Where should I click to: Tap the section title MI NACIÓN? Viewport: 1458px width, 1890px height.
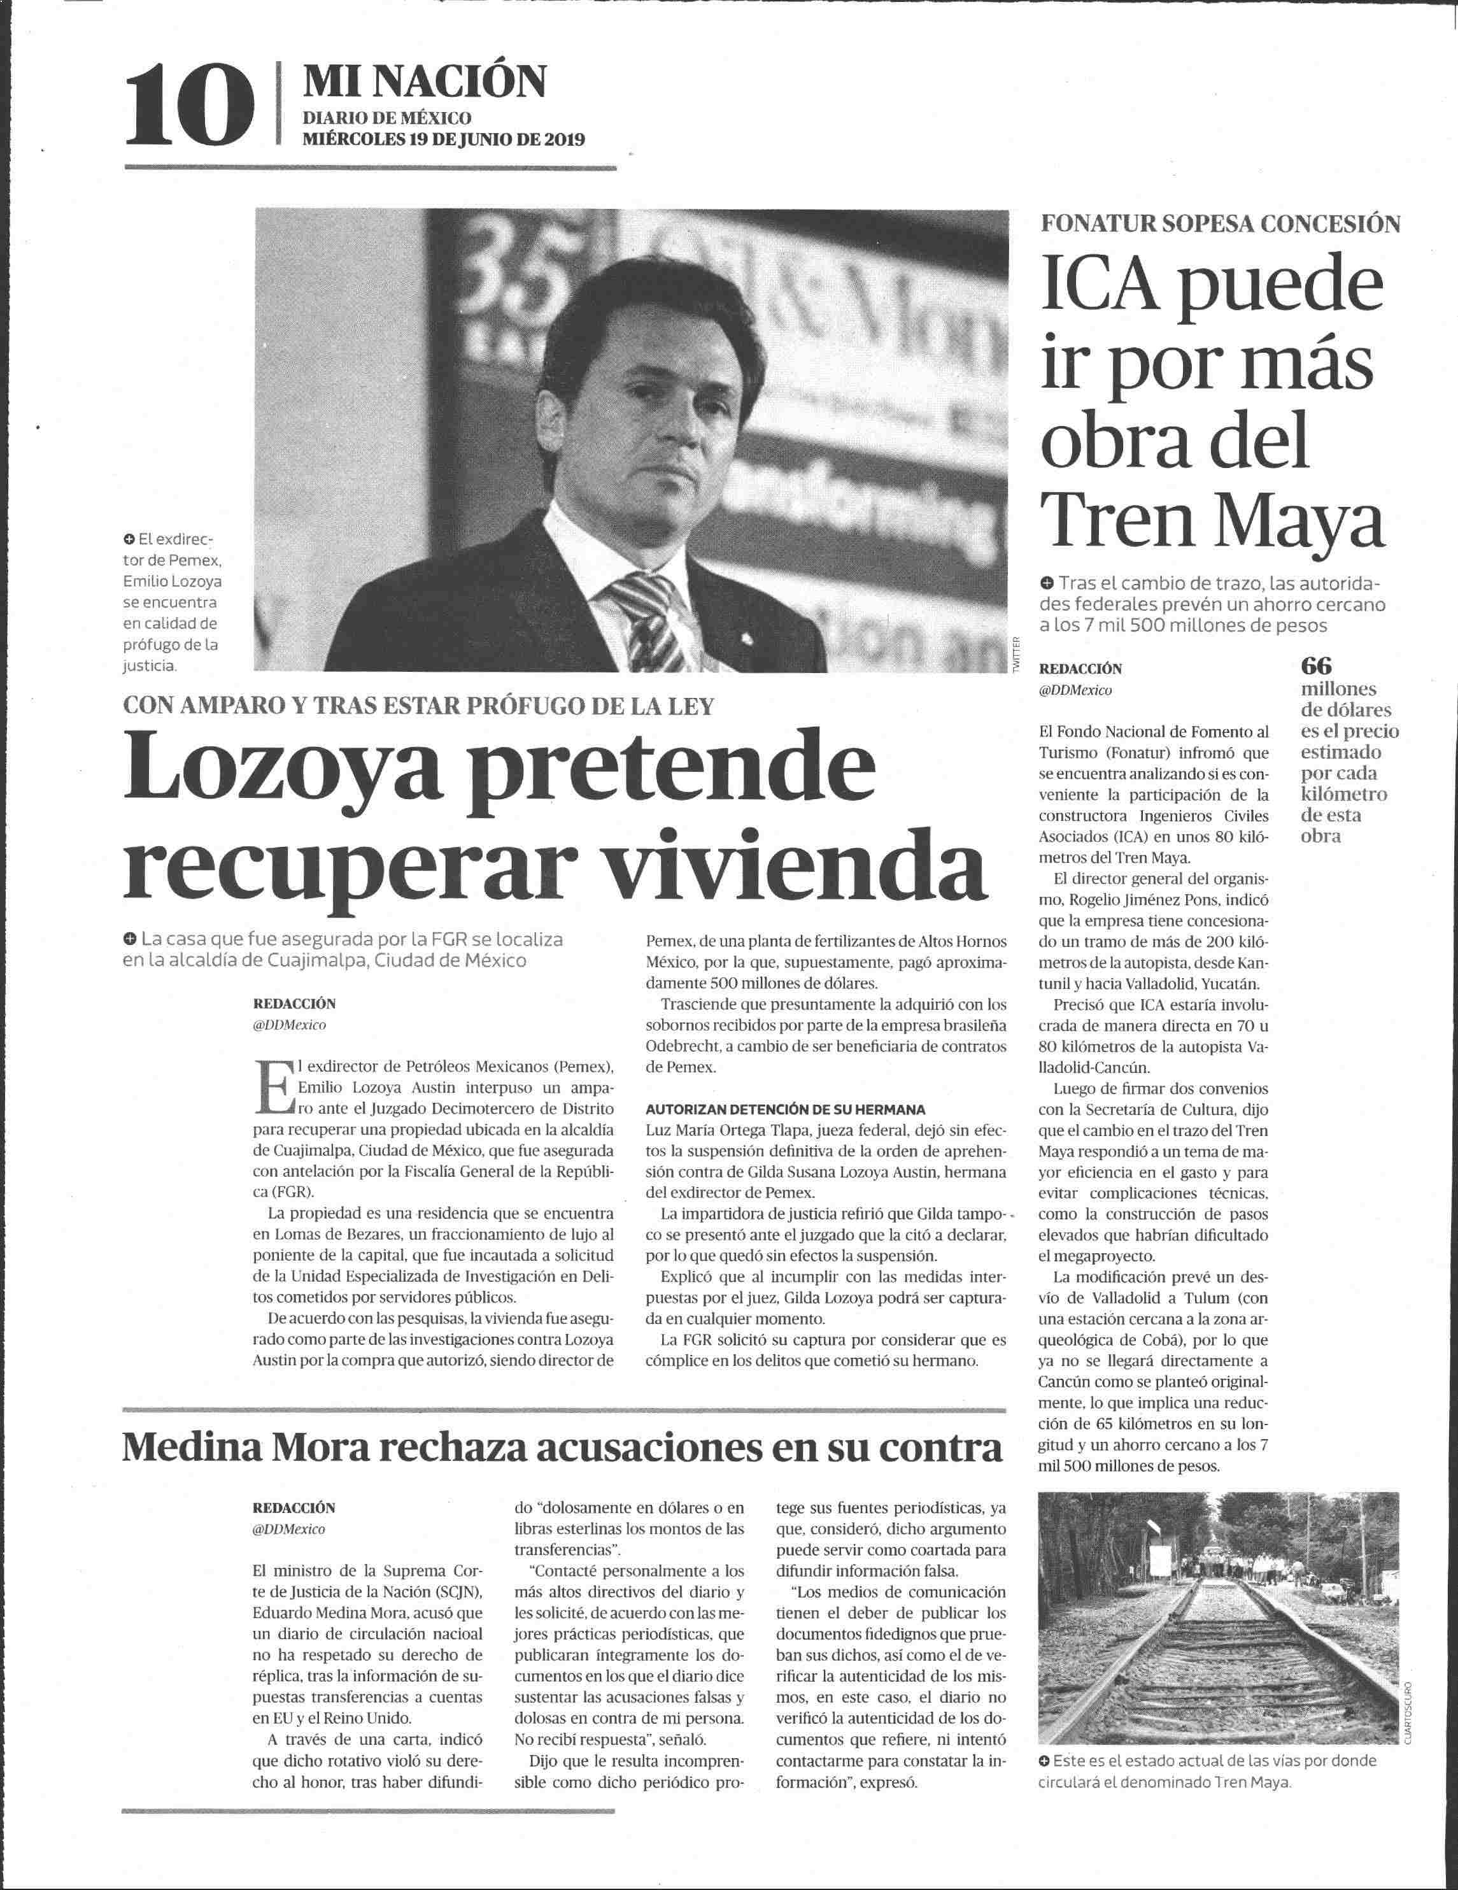pyautogui.click(x=423, y=82)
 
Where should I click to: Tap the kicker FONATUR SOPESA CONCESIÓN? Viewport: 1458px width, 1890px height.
pyautogui.click(x=1220, y=224)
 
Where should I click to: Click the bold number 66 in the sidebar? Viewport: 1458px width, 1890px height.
pyautogui.click(x=1316, y=666)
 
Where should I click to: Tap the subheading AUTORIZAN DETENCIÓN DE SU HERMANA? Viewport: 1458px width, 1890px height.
pyautogui.click(x=786, y=1109)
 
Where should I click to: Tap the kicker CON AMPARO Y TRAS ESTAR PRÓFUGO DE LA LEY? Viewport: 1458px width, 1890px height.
pyautogui.click(x=419, y=706)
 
